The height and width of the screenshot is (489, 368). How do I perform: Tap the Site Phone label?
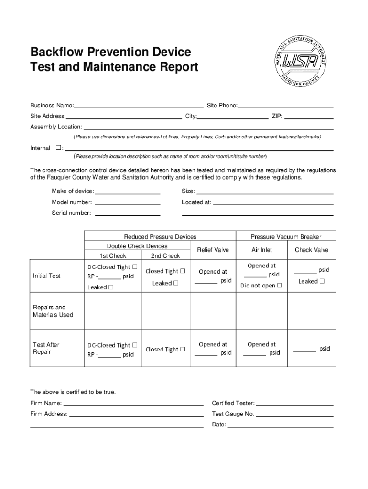pyautogui.click(x=222, y=105)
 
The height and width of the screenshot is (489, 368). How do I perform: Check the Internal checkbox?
pyautogui.click(x=58, y=148)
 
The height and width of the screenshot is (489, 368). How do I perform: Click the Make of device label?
pyautogui.click(x=73, y=191)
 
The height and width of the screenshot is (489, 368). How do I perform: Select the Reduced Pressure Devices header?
pyautogui.click(x=160, y=237)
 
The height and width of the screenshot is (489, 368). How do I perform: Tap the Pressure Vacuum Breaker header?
pyautogui.click(x=286, y=237)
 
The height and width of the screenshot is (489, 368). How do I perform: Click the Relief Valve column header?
pyautogui.click(x=213, y=250)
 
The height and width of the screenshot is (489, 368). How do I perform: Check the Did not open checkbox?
pyautogui.click(x=280, y=286)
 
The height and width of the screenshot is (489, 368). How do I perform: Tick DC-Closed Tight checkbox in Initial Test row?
pyautogui.click(x=135, y=266)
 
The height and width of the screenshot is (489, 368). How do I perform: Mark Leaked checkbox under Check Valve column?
pyautogui.click(x=321, y=281)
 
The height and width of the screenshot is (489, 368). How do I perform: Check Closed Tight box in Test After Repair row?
pyautogui.click(x=182, y=349)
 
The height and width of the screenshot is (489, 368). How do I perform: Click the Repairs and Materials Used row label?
pyautogui.click(x=53, y=311)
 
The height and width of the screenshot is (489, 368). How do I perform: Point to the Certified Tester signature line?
pyautogui.click(x=294, y=405)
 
